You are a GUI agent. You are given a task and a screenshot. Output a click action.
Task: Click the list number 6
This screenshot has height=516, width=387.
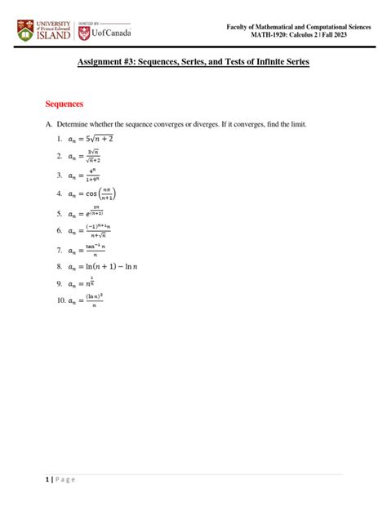[60, 231]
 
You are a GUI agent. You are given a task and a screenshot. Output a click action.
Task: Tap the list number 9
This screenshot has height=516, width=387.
[60, 284]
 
